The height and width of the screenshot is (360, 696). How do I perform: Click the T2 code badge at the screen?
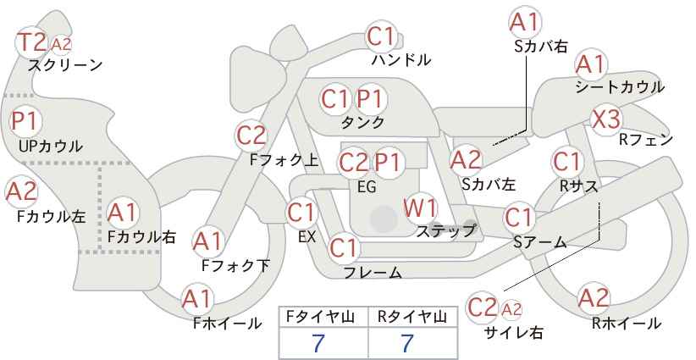[x=31, y=42]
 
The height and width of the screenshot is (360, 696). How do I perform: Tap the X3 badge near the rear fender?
[x=606, y=119]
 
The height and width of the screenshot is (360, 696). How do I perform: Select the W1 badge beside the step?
[x=420, y=208]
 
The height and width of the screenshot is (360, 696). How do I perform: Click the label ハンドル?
[x=401, y=59]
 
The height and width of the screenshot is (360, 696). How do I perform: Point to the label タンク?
[x=362, y=122]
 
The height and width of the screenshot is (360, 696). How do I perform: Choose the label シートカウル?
[x=620, y=86]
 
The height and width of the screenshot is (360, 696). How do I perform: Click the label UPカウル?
[x=50, y=146]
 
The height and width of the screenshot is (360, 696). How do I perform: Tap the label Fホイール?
[x=227, y=324]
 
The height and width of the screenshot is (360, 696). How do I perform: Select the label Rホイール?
[x=627, y=324]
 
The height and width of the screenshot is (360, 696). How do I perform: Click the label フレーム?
[x=373, y=273]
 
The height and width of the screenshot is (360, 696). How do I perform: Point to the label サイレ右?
[x=514, y=332]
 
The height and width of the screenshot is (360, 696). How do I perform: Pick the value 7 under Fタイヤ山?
[x=318, y=343]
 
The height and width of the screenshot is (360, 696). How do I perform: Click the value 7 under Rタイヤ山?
[x=407, y=343]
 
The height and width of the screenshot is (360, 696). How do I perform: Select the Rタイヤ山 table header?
[x=412, y=317]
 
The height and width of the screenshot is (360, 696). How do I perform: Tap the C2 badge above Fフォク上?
[x=251, y=136]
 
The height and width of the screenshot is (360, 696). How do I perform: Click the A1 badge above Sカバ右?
[x=525, y=23]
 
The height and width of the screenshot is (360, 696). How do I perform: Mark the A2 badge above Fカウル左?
[x=21, y=192]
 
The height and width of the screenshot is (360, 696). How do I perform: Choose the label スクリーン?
[x=65, y=65]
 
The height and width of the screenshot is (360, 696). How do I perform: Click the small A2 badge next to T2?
[x=61, y=45]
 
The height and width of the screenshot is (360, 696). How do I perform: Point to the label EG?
[x=367, y=187]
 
